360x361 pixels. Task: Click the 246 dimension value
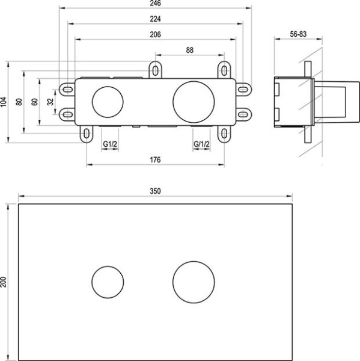pyautogui.click(x=155, y=5)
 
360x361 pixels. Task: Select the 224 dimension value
pyautogui.click(x=155, y=19)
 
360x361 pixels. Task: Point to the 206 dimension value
pyautogui.click(x=155, y=34)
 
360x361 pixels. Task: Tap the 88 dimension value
pyautogui.click(x=189, y=51)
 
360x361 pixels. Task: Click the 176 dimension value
pyautogui.click(x=155, y=160)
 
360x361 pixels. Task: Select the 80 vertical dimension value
pyautogui.click(x=20, y=102)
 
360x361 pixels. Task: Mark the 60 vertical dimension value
pyautogui.click(x=35, y=102)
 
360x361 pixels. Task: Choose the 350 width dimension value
pyautogui.click(x=155, y=191)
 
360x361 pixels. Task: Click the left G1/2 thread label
pyautogui.click(x=109, y=144)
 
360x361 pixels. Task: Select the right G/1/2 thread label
pyautogui.click(x=201, y=144)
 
